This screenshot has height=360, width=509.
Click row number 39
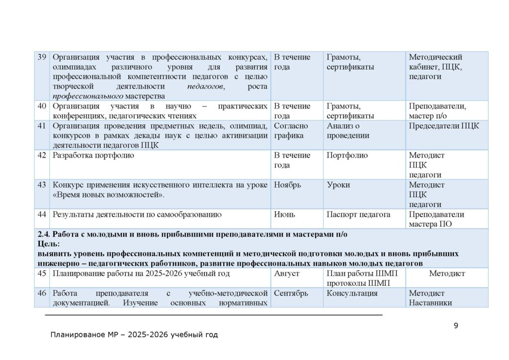pos(42,57)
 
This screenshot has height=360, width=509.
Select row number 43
pos(42,185)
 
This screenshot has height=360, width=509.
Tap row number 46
pos(42,293)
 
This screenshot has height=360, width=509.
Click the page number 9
pos(456,326)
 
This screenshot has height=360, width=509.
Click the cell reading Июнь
pos(284,215)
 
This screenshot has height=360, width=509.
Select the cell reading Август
pos(286,273)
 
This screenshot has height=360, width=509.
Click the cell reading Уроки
pos(338,185)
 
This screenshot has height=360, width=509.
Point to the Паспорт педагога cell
pos(358,215)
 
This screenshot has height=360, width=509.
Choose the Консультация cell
pos(352,293)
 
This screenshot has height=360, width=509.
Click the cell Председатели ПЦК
pos(444,126)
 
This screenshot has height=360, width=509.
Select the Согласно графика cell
pos(291,130)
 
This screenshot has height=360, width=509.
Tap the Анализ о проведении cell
pos(348,130)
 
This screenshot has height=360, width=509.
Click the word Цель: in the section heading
pos(48,244)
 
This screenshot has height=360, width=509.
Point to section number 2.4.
pos(43,234)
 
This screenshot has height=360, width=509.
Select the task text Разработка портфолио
pos(93,156)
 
